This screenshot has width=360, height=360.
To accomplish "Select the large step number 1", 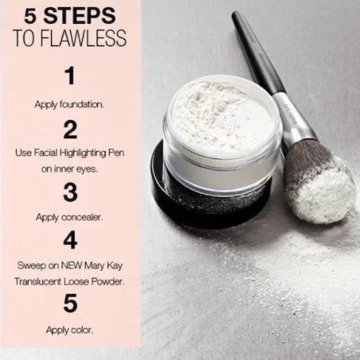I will [x=70, y=77].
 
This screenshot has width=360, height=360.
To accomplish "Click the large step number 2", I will [x=70, y=130].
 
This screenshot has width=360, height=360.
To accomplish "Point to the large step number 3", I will [x=70, y=193].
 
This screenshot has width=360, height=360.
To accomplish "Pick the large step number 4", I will [x=70, y=240].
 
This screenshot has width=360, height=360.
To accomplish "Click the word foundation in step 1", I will [x=82, y=104].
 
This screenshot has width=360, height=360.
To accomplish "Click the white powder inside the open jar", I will [x=217, y=112].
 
